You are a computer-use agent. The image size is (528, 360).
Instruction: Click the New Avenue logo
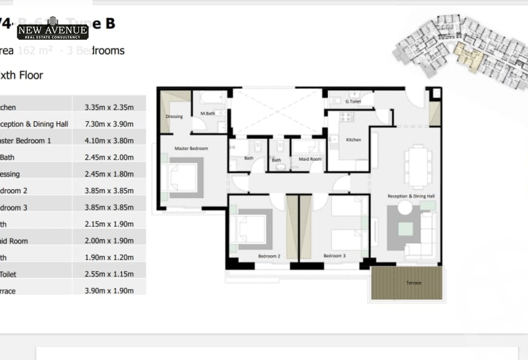pos(53,29)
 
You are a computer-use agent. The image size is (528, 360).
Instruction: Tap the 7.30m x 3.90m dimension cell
pos(109,124)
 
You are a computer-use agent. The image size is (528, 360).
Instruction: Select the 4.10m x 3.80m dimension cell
pos(109,141)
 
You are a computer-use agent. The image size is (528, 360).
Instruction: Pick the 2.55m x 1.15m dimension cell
pos(109,274)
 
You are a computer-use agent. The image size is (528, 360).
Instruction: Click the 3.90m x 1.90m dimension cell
pos(109,291)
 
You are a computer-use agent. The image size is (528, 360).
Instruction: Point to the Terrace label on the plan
pos(414,283)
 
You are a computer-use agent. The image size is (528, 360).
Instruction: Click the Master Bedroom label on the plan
pos(191,148)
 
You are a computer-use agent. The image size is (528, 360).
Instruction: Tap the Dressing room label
pos(174,117)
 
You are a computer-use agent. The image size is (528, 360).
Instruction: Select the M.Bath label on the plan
pos(208,114)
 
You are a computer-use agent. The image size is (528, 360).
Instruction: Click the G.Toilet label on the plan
pos(353,102)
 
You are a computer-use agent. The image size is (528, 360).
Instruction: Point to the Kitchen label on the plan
pos(353,140)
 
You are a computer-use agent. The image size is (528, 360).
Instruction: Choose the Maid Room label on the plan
pos(310,159)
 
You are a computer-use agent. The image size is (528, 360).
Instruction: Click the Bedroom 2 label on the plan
pos(269,256)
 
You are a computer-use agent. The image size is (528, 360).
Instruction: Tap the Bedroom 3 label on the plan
pos(334,256)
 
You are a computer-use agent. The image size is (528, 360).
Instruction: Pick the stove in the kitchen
pos(346,117)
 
